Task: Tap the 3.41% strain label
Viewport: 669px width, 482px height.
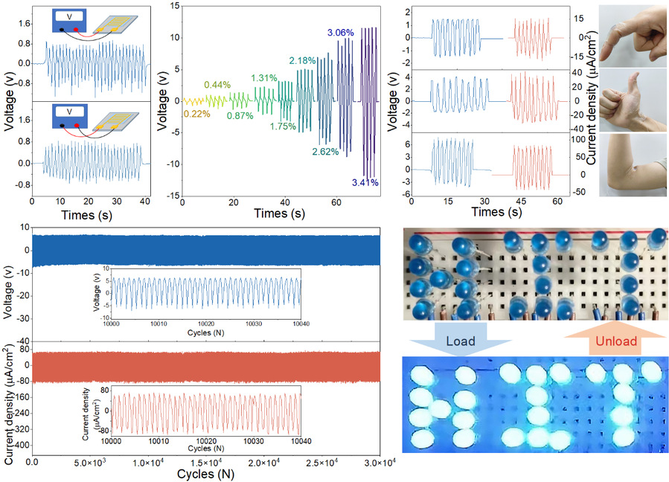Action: [365, 182]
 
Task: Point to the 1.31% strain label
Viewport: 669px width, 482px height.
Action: [263, 78]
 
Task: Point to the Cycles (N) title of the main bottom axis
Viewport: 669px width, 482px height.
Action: [206, 474]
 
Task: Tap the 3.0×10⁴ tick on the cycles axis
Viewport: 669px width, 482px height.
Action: [380, 463]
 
